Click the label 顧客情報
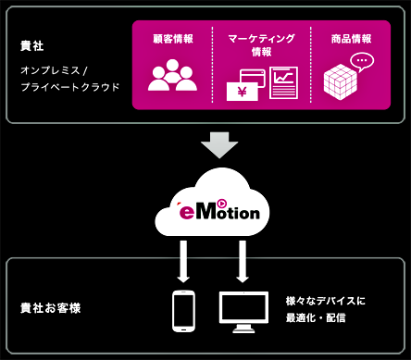click(172, 39)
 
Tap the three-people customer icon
click(172, 76)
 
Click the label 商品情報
click(351, 39)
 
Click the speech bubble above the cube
click(362, 61)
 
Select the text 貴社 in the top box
click(31, 45)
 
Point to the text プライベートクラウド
click(70, 87)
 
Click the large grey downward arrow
click(219, 144)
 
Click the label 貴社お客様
click(50, 307)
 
